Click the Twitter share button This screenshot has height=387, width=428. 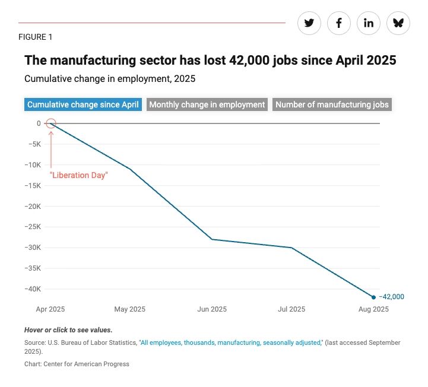click(x=309, y=23)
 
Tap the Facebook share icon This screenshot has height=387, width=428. click(x=339, y=23)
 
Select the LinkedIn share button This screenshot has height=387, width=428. click(x=369, y=23)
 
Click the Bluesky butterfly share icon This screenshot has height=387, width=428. click(x=398, y=23)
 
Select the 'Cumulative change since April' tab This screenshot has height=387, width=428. click(x=83, y=104)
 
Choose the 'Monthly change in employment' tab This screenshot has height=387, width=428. click(x=207, y=104)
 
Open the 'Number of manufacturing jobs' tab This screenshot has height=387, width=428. click(x=332, y=104)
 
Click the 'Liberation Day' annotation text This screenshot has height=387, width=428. click(x=78, y=175)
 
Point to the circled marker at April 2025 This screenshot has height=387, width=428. click(x=51, y=123)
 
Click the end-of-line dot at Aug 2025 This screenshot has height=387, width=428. click(x=373, y=297)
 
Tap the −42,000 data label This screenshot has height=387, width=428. click(x=391, y=297)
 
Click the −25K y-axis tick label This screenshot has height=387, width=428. click(x=33, y=227)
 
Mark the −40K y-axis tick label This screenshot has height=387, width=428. click(x=33, y=289)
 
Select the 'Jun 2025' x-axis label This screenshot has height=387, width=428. click(x=212, y=309)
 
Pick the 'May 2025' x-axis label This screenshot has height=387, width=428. click(x=129, y=309)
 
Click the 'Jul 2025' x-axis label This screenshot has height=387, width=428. click(x=291, y=309)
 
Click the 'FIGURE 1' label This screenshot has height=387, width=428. click(x=36, y=37)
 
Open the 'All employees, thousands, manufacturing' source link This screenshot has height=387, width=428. click(x=230, y=343)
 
